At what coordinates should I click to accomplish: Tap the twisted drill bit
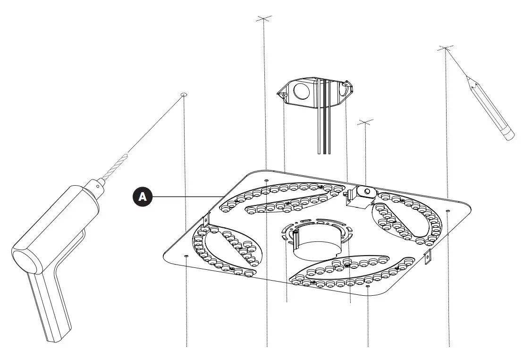(116, 167)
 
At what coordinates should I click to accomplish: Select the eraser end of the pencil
(508, 136)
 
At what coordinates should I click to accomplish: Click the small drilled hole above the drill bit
(184, 95)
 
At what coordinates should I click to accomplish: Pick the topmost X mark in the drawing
(264, 18)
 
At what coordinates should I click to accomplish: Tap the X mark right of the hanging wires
(365, 122)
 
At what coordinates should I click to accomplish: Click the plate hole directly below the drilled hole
(186, 256)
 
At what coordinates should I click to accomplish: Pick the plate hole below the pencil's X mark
(448, 210)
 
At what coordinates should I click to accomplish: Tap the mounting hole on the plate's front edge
(368, 286)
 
